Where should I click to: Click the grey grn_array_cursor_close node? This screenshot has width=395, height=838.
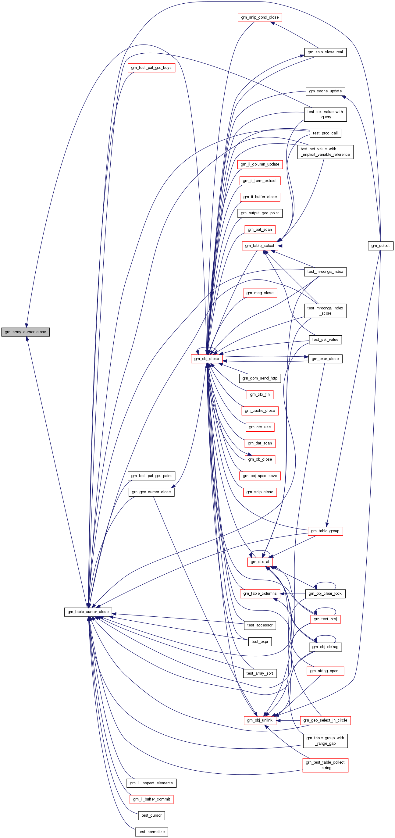tap(25, 332)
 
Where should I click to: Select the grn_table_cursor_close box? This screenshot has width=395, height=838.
tap(88, 612)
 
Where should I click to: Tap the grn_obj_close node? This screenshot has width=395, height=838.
tap(207, 358)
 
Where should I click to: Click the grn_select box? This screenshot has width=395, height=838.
tap(380, 246)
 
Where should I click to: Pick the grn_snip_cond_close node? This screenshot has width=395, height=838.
tap(260, 17)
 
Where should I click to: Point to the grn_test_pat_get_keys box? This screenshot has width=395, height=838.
tap(151, 68)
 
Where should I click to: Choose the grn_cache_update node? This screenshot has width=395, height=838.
tap(325, 91)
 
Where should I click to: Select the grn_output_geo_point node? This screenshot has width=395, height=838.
tap(260, 213)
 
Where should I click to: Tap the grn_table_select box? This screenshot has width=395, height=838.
tap(260, 246)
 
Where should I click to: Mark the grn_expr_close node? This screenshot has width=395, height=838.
tap(325, 358)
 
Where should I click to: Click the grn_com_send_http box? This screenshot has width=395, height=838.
tap(260, 378)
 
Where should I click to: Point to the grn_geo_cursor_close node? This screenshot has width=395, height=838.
tap(151, 492)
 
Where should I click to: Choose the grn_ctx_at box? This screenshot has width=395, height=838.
tap(260, 562)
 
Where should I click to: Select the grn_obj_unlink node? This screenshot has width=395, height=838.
tap(260, 720)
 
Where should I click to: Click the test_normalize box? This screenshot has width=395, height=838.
tap(151, 832)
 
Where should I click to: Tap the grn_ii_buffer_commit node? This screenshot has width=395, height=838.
tap(151, 799)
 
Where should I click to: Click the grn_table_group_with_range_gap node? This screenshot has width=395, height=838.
tap(325, 741)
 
